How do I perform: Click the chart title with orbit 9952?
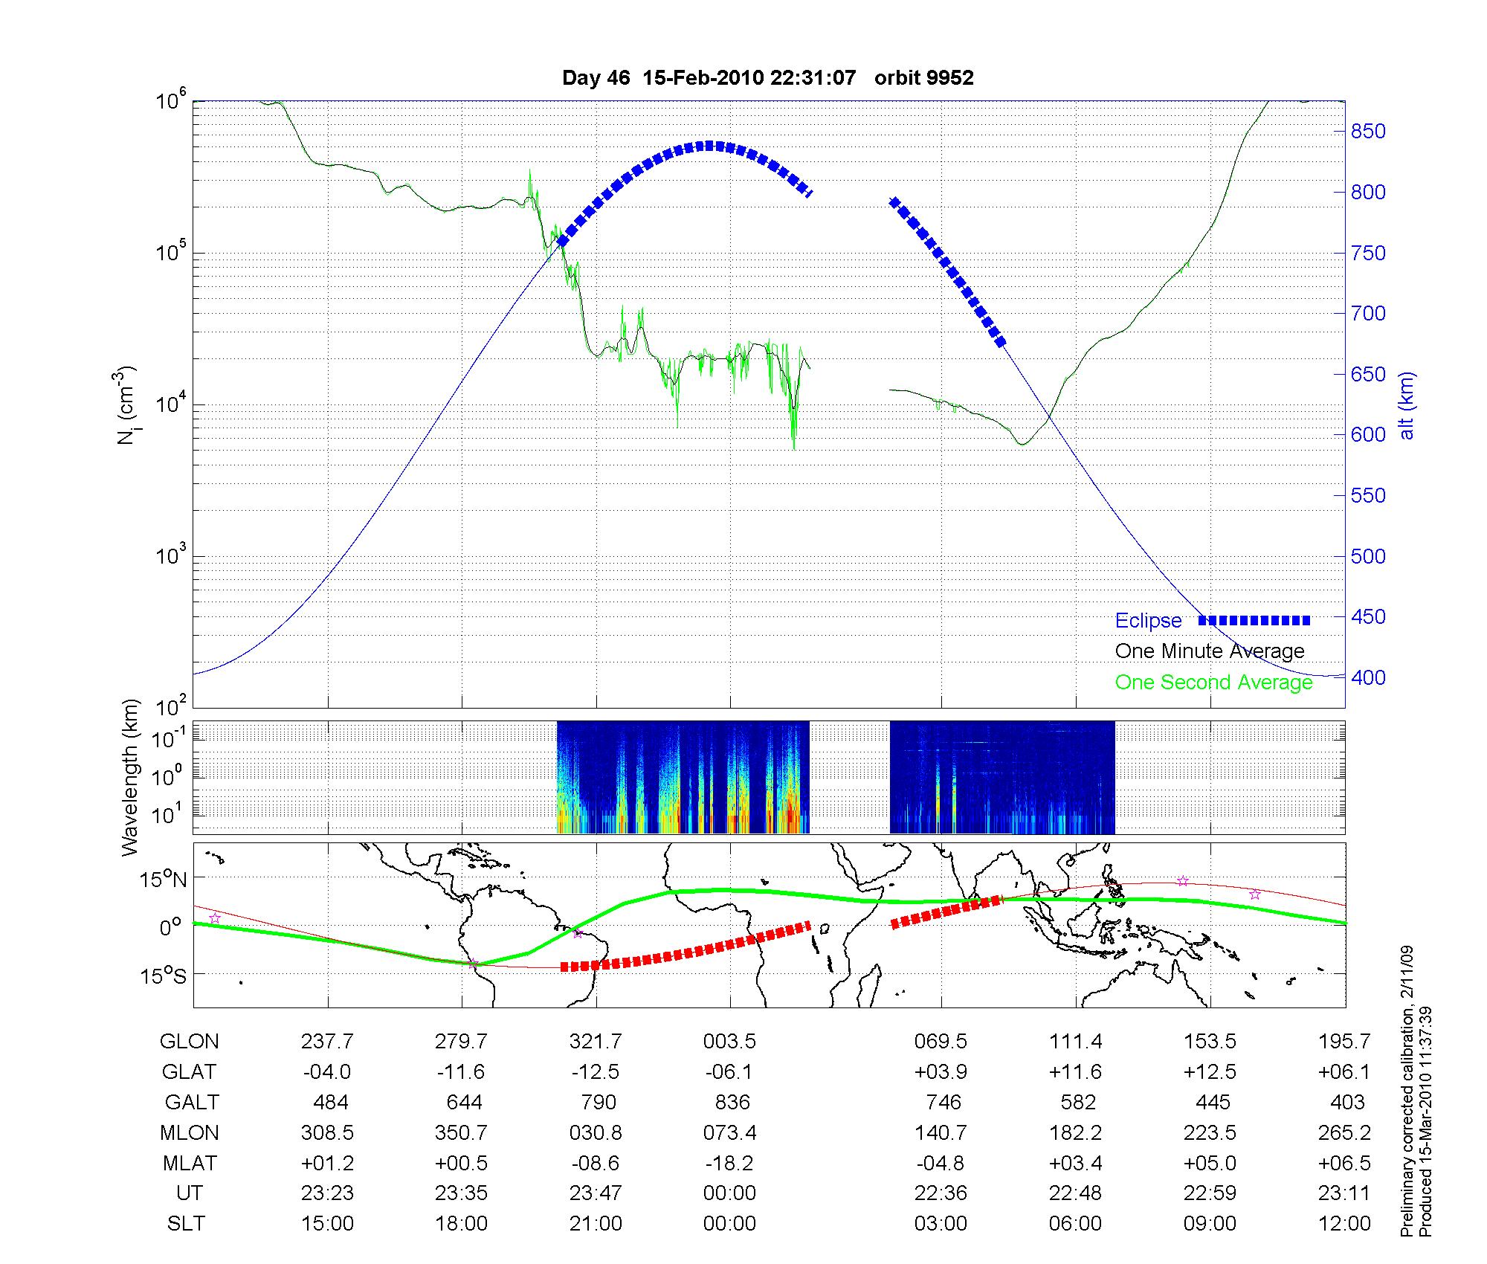(767, 78)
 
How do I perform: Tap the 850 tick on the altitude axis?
(1368, 132)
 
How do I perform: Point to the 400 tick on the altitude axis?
(1368, 677)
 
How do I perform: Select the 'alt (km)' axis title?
(1406, 405)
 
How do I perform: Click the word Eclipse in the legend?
(1148, 621)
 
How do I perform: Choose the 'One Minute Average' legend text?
(1210, 651)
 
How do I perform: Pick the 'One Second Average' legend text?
(1213, 683)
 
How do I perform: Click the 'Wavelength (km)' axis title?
(131, 777)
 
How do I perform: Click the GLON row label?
(190, 1042)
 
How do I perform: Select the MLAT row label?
(190, 1163)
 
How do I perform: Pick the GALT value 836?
(730, 1102)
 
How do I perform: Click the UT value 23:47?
(596, 1193)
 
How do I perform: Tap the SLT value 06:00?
(1075, 1224)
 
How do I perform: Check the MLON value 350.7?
(461, 1133)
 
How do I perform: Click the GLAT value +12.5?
(1210, 1072)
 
